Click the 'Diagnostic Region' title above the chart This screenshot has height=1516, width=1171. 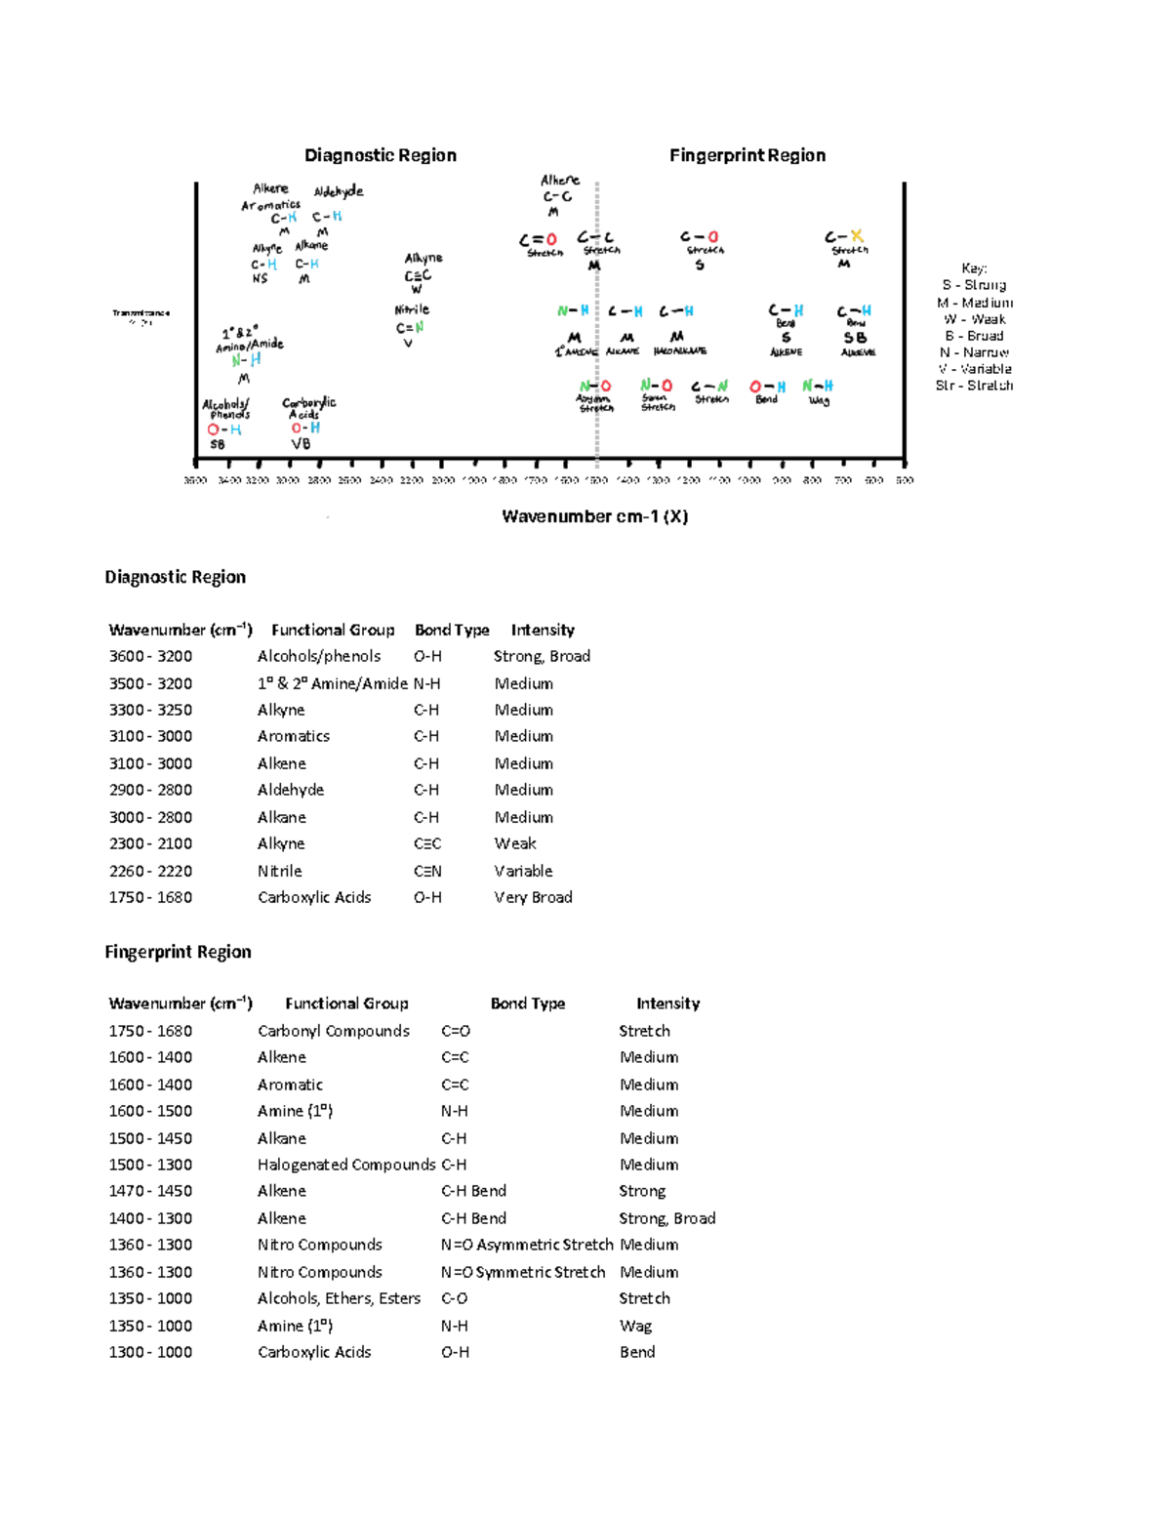click(x=380, y=155)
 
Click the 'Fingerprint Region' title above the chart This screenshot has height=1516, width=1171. click(x=747, y=155)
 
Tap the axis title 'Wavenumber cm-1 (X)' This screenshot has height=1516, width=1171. click(x=594, y=516)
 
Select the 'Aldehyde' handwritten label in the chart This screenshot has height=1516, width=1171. click(x=338, y=191)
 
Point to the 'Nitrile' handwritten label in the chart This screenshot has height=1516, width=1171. click(x=411, y=309)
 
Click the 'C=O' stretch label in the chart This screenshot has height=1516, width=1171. click(x=539, y=239)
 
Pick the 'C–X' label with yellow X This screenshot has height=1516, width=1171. click(x=844, y=237)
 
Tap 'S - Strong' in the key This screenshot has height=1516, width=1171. click(x=974, y=285)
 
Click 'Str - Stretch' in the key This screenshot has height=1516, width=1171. click(x=974, y=386)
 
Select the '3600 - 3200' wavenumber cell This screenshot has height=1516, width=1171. click(x=150, y=656)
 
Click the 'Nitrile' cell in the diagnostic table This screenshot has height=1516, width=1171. click(x=279, y=871)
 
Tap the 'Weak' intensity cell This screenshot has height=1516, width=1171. click(x=515, y=843)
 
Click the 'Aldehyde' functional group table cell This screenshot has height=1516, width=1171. click(x=291, y=790)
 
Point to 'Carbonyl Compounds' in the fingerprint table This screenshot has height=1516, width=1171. click(x=333, y=1031)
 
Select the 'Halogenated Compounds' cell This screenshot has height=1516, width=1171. click(x=345, y=1165)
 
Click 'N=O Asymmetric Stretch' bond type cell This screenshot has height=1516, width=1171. click(x=526, y=1245)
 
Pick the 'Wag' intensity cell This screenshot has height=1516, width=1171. click(x=635, y=1326)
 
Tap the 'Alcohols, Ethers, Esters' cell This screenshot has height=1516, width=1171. click(x=339, y=1298)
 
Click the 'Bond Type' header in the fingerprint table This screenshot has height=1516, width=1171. click(x=527, y=1004)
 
